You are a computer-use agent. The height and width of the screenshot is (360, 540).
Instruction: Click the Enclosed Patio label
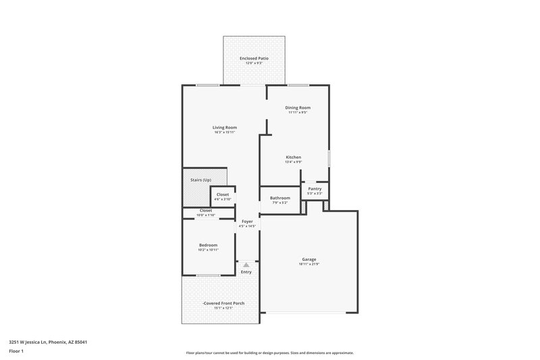(254, 59)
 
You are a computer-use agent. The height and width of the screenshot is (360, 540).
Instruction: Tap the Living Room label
(225, 127)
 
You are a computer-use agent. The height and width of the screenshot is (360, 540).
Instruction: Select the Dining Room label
(298, 107)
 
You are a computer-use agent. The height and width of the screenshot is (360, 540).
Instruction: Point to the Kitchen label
(293, 157)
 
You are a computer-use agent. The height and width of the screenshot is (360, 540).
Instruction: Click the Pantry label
(315, 188)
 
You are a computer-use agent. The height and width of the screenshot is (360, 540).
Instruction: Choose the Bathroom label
(280, 198)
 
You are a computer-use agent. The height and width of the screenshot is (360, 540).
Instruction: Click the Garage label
(309, 259)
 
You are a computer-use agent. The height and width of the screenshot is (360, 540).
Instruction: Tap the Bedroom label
(208, 245)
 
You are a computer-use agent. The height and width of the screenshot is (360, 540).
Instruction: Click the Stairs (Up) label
(197, 180)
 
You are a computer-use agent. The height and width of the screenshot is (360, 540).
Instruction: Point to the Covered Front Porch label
(223, 303)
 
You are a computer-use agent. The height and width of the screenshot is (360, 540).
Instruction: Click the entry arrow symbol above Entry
(246, 265)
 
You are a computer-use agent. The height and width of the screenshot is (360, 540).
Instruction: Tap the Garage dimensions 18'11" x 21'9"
(309, 265)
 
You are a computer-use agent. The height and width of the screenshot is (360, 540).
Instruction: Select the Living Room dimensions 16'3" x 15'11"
(225, 132)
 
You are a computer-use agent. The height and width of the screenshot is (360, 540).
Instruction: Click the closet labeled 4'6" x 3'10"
(222, 197)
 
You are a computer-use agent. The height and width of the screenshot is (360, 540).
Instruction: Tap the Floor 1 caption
(16, 352)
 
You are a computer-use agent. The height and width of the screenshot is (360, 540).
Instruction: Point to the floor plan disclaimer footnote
(269, 353)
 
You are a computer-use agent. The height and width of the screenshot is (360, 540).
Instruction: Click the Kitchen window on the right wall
(329, 157)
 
